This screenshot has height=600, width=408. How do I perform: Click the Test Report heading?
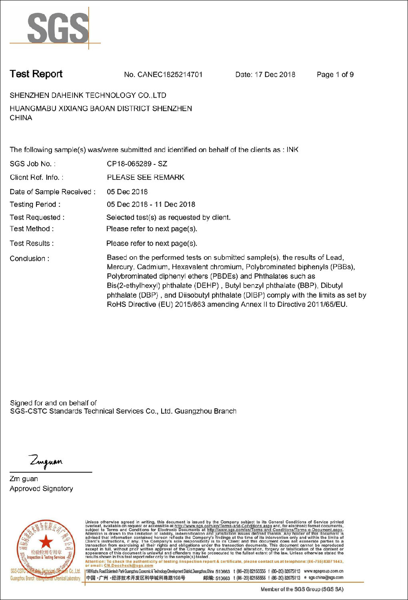pos(36,74)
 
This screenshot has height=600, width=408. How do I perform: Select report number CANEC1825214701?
pos(170,74)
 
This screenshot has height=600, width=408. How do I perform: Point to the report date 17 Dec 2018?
pos(275,74)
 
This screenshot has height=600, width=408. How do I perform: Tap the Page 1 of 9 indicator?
pos(335,74)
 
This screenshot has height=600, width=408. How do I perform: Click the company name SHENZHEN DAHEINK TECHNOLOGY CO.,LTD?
pos(88,95)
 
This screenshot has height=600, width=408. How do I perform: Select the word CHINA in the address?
pos(21,118)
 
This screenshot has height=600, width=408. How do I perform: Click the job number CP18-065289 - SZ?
pos(137,164)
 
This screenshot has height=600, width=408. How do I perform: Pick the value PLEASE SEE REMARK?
pos(146,177)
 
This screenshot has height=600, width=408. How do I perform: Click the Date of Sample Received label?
pos(52,192)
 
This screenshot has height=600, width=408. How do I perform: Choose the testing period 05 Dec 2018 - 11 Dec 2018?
pos(151,204)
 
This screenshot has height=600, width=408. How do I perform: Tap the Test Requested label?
pos(37,217)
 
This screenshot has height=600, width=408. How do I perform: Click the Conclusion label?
pos(30,258)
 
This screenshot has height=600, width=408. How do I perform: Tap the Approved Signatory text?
pos(41,488)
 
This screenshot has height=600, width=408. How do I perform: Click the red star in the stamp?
pos(46,542)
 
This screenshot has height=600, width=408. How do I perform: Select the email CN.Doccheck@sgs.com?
pos(128,565)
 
